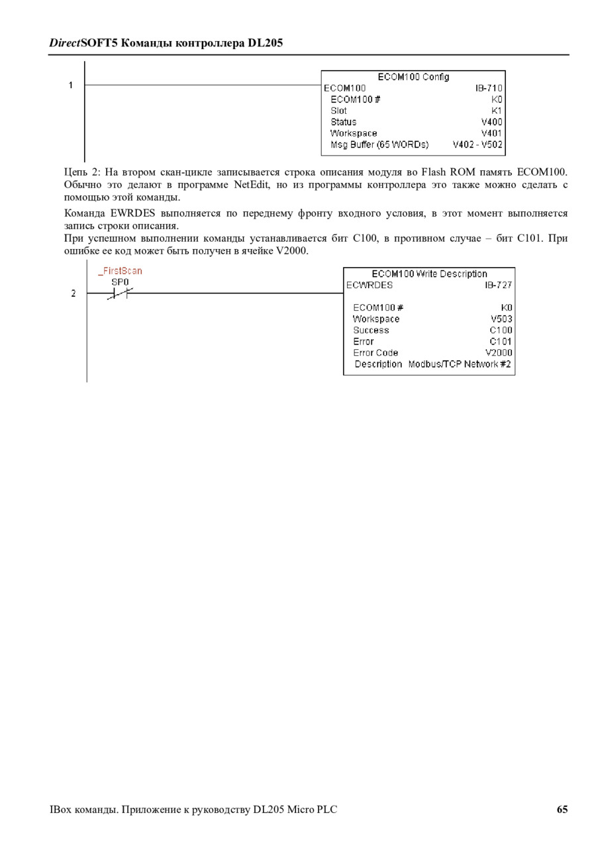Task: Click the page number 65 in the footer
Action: coord(562,809)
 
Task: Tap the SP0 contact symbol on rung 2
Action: coord(120,293)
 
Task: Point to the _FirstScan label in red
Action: coord(120,271)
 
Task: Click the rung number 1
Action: coord(70,85)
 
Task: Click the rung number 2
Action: coord(73,293)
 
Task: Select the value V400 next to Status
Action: coord(491,122)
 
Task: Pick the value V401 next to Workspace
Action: coord(491,133)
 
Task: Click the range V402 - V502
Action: coord(477,144)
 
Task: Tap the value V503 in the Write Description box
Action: coord(501,319)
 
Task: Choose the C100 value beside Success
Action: coord(501,330)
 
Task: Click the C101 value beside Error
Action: coord(501,341)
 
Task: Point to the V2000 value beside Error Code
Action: coord(499,352)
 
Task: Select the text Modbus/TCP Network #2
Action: coord(460,364)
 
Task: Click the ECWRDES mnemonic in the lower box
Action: coord(370,285)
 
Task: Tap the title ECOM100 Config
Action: coord(413,77)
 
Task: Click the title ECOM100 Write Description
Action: coord(429,274)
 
